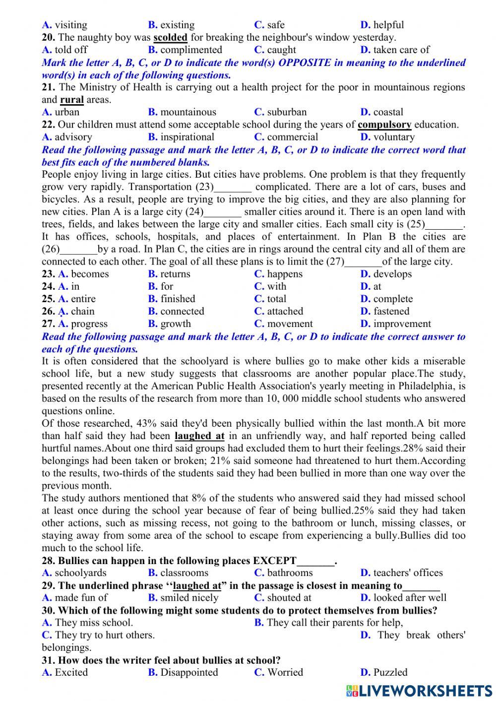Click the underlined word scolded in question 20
[170, 38]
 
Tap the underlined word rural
[71, 100]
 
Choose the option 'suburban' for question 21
[286, 112]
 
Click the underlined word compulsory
[384, 125]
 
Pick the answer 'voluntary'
[393, 137]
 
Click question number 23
[48, 274]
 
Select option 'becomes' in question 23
[89, 274]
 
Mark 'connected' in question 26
[182, 312]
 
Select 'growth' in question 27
[175, 324]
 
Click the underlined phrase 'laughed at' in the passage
[199, 436]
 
